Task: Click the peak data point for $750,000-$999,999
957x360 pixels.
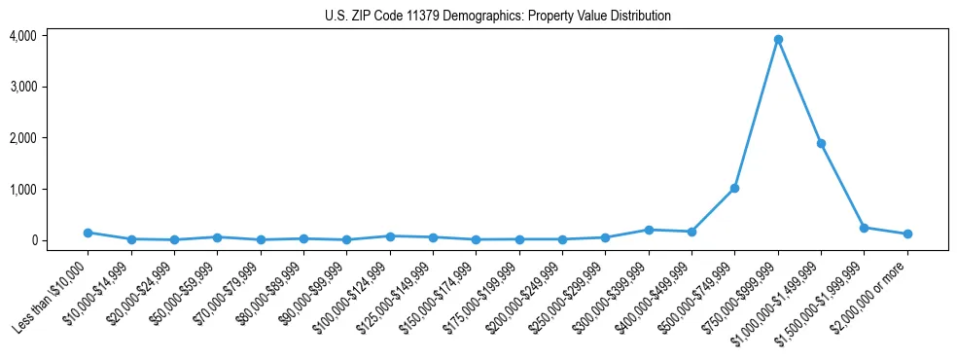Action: (x=778, y=40)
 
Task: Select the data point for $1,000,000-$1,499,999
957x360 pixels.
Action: (x=821, y=143)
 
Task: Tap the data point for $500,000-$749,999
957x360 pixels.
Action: (x=734, y=188)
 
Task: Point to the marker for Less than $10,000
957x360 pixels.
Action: (x=88, y=233)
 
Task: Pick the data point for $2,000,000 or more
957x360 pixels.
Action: (x=907, y=234)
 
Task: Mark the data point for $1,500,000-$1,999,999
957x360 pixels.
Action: (x=864, y=228)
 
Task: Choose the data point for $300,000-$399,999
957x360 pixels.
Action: (x=649, y=230)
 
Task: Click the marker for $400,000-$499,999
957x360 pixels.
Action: (x=691, y=232)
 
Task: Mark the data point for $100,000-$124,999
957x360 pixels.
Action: (x=390, y=236)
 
